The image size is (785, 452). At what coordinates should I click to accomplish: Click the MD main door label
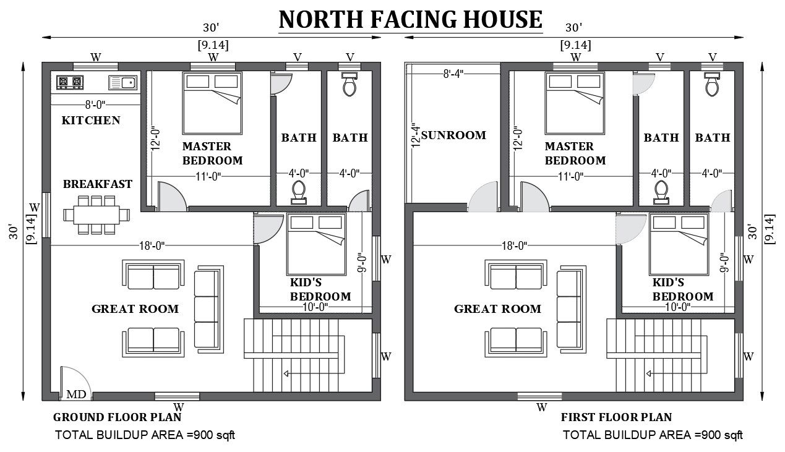tap(76, 394)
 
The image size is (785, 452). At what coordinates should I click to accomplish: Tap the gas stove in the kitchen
tap(70, 82)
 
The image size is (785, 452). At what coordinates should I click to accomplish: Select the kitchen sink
tap(122, 83)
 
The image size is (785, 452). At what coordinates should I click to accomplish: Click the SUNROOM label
tap(453, 135)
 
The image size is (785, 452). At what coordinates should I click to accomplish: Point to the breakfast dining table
tap(97, 215)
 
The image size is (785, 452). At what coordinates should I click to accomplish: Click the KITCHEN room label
tap(91, 120)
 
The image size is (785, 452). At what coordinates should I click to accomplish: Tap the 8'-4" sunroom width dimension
tap(453, 74)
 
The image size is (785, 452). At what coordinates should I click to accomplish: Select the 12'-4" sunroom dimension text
tap(416, 135)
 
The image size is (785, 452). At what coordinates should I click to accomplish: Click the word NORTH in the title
tap(320, 20)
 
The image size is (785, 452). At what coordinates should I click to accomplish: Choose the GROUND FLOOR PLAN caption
tap(118, 417)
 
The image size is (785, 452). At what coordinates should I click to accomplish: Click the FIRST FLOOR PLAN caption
tap(617, 417)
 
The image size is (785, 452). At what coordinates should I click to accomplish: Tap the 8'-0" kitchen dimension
tap(95, 104)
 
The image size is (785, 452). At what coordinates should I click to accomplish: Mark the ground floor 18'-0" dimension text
tap(152, 245)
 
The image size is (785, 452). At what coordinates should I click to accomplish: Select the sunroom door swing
tap(483, 196)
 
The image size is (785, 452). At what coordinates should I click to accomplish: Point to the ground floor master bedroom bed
tap(212, 103)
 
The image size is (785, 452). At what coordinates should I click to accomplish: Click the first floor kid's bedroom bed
tap(679, 244)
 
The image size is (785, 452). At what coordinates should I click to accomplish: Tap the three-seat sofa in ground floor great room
tap(209, 309)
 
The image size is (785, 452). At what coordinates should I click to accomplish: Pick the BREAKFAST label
tap(98, 184)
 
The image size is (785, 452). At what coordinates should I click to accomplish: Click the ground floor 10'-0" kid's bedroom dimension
tap(315, 307)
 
